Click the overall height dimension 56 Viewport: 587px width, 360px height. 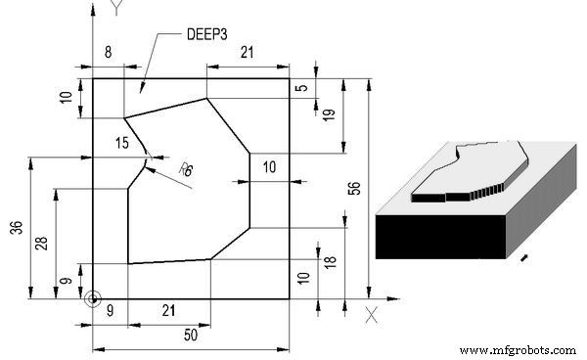(x=354, y=190)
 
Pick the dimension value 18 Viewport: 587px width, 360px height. (x=331, y=263)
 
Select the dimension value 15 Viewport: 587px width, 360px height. (x=121, y=143)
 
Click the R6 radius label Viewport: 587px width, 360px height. (x=186, y=169)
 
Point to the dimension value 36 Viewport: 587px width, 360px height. (x=16, y=227)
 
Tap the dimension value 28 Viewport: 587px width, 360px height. (x=41, y=243)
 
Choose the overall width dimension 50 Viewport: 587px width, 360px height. (x=193, y=336)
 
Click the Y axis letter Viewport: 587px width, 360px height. (x=116, y=10)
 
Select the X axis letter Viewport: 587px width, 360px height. (x=371, y=314)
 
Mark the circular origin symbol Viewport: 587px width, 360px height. (x=92, y=298)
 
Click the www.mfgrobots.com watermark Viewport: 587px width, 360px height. (x=519, y=349)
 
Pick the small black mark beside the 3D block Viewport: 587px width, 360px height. (x=527, y=258)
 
